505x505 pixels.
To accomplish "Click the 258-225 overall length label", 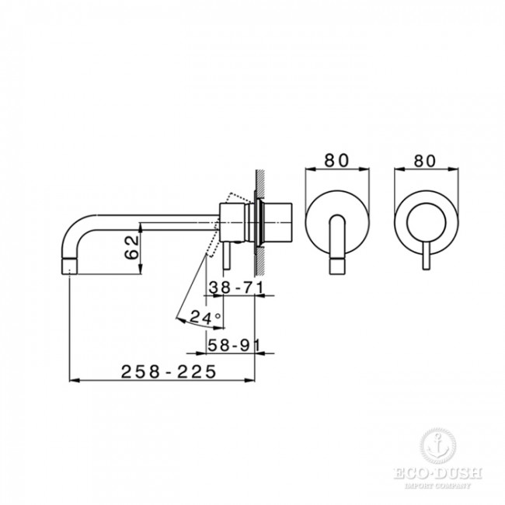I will [167, 372].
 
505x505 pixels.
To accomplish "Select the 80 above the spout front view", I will [336, 162].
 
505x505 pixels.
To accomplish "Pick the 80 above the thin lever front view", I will [423, 162].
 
